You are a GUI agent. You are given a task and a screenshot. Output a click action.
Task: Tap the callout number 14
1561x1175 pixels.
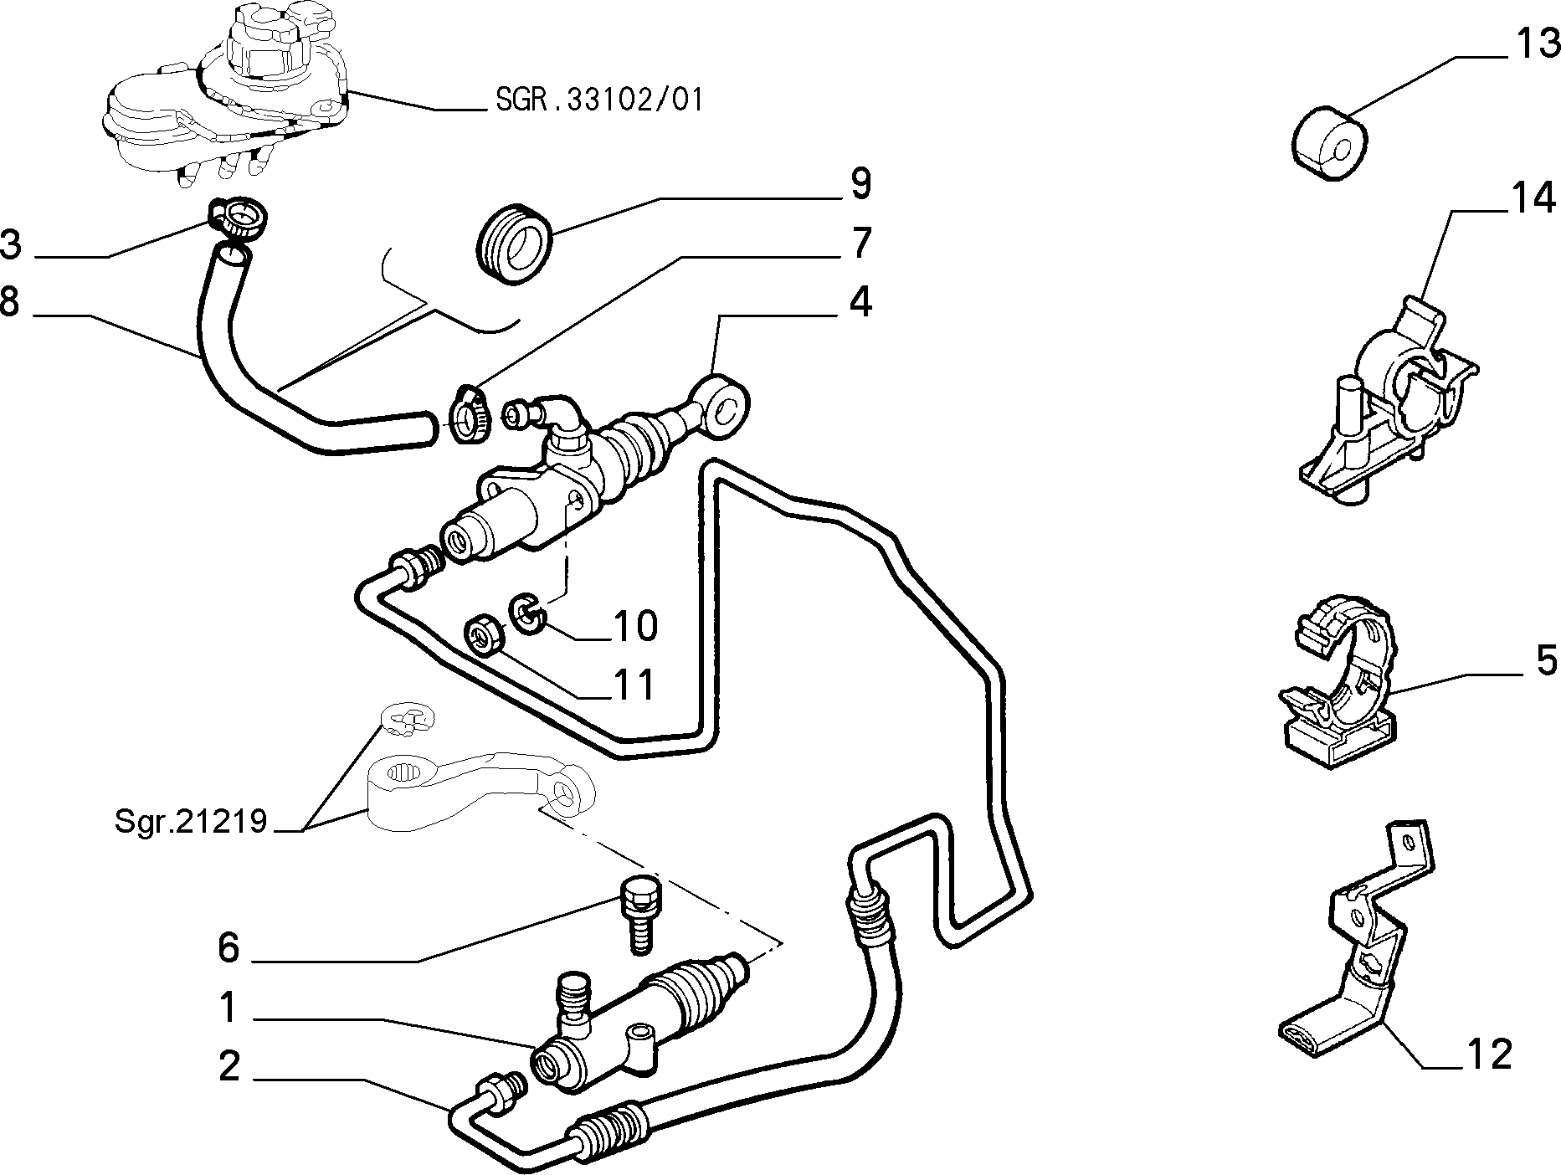pyautogui.click(x=1533, y=199)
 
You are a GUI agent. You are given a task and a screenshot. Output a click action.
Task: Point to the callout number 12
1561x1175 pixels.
pyautogui.click(x=1489, y=1054)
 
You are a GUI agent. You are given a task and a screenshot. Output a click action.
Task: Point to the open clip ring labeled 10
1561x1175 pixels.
pyautogui.click(x=527, y=613)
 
